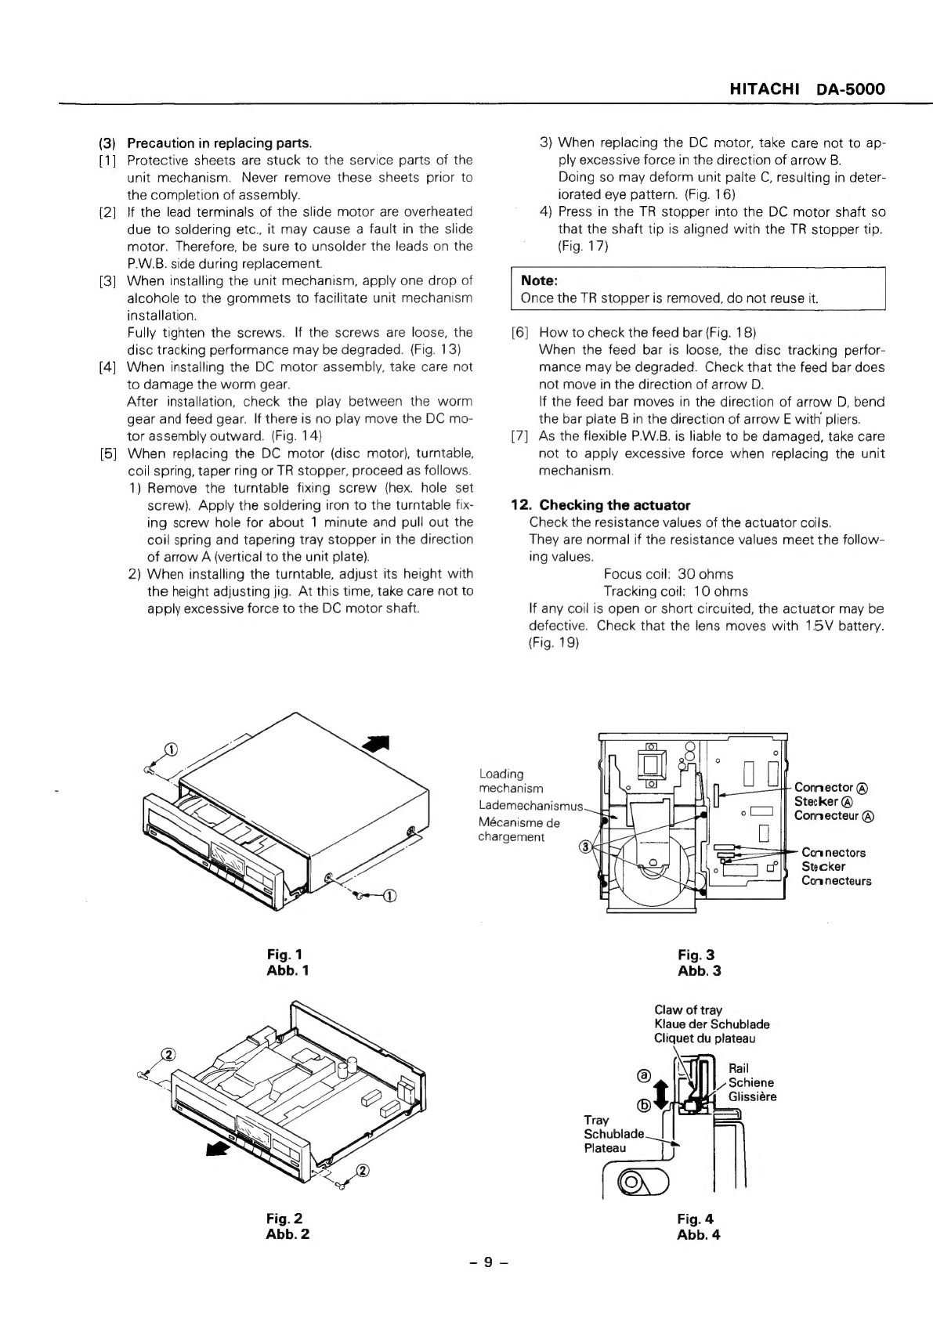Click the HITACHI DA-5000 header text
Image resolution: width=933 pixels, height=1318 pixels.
(807, 89)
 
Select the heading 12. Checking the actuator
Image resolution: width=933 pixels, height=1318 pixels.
(601, 505)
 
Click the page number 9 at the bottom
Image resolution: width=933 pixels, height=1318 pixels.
(487, 1262)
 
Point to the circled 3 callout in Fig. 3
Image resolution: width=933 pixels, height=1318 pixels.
(584, 847)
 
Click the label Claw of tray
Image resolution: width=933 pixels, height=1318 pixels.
(688, 1010)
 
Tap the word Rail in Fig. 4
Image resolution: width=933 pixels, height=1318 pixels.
(739, 1068)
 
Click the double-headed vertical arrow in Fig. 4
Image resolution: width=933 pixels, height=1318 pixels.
(660, 1091)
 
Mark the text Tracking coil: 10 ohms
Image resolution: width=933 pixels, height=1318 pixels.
(675, 591)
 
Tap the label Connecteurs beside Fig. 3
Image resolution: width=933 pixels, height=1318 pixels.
(836, 881)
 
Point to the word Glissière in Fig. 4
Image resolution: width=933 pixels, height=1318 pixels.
(752, 1096)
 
